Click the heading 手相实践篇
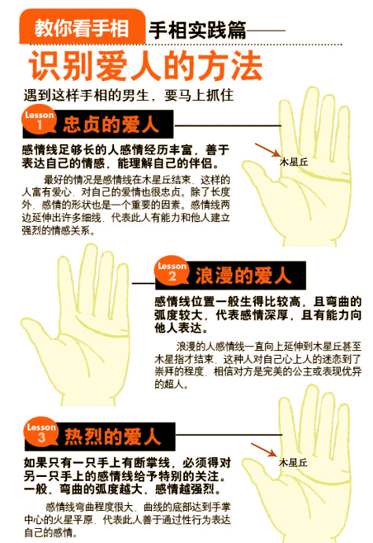tap(197, 30)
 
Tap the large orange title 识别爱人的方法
tap(146, 68)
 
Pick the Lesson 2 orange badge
tap(171, 272)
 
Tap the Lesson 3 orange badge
tap(40, 434)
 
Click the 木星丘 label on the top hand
tap(294, 161)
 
